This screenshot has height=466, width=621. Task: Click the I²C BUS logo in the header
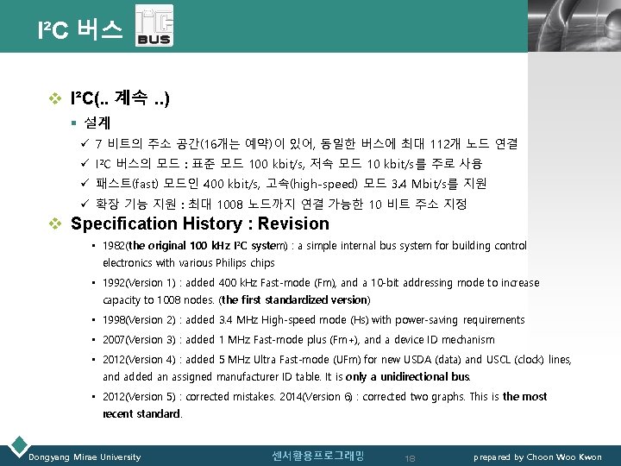click(x=154, y=28)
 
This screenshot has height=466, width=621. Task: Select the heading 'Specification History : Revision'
click(x=199, y=224)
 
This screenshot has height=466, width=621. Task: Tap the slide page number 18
click(x=411, y=457)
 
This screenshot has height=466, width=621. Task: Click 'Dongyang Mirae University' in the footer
click(x=85, y=457)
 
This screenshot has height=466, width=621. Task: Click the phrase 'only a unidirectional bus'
click(x=419, y=377)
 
